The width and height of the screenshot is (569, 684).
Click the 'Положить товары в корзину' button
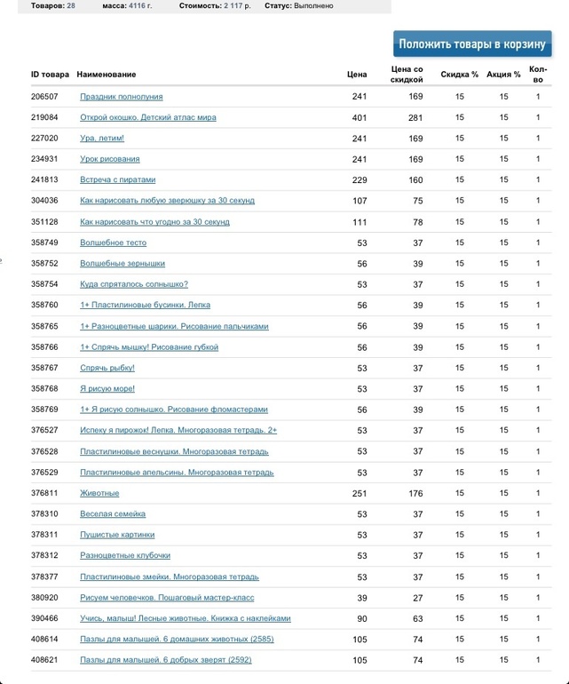472,44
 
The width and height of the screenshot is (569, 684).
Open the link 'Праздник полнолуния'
122,96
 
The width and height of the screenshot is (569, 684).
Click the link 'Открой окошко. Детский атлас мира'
148,117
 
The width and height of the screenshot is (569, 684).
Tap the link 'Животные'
99,493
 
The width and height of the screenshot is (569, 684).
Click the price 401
359,117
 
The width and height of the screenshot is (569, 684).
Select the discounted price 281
415,117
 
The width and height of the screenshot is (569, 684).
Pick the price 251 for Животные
359,493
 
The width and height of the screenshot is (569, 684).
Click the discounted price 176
415,493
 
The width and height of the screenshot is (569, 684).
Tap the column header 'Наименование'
107,74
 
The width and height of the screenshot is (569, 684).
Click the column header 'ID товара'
50,74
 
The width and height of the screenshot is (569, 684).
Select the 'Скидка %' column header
460,74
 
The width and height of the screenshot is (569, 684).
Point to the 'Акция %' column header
504,74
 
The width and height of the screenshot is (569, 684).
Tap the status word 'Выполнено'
313,6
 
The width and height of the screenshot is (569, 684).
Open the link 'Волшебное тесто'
113,243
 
